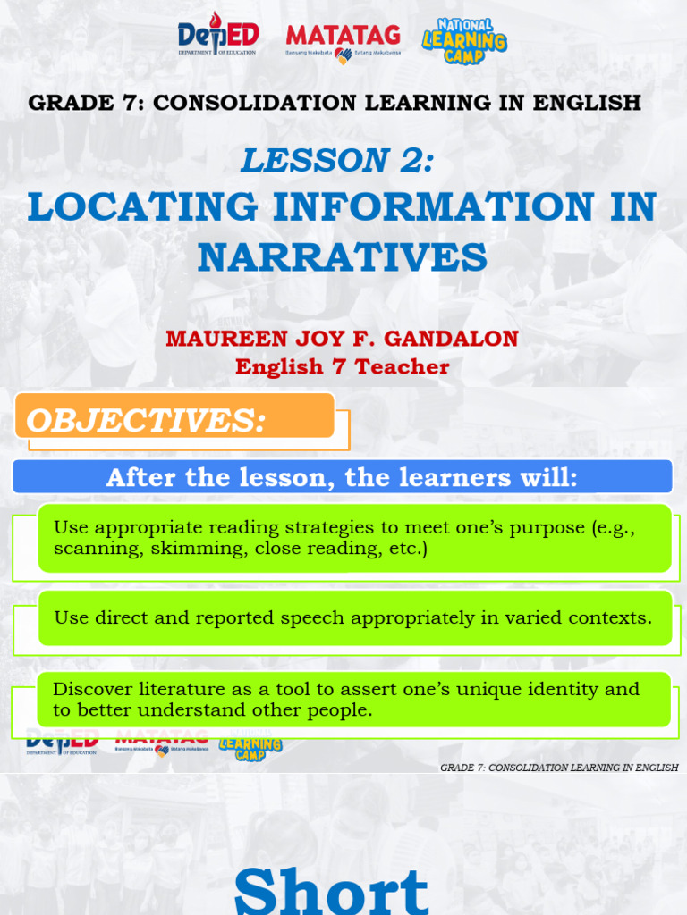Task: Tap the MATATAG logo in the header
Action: [x=343, y=39]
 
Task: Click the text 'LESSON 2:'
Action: [x=337, y=160]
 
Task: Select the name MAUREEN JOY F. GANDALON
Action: [x=343, y=340]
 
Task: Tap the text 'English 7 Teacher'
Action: [x=343, y=367]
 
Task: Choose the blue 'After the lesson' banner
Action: [x=343, y=478]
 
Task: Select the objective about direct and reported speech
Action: [x=353, y=617]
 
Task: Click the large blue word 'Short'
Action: [x=332, y=890]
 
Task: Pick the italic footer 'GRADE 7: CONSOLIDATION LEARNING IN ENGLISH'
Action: [x=559, y=768]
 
